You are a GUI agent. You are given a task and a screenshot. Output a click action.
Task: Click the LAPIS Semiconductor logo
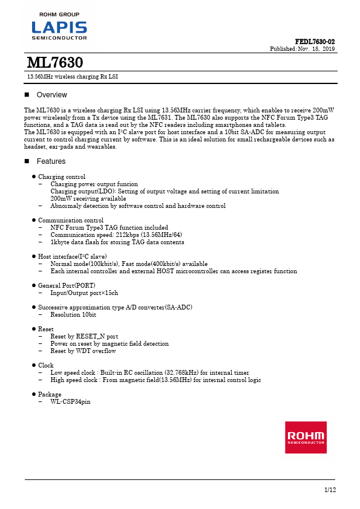59,28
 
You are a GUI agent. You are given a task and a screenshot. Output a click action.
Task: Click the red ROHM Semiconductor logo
306,437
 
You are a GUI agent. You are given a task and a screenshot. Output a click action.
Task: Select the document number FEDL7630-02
315,41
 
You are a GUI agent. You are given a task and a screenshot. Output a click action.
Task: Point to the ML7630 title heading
55,63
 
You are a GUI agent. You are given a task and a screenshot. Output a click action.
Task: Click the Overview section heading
52,95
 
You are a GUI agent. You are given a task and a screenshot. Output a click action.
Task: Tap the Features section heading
51,161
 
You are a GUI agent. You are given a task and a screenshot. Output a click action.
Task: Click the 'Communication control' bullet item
70,220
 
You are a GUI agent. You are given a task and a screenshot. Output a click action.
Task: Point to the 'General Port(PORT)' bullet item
67,285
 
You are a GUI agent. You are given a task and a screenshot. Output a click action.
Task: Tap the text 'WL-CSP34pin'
70,401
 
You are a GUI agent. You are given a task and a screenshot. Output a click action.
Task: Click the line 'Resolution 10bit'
73,314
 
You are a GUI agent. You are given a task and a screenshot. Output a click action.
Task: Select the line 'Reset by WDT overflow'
83,351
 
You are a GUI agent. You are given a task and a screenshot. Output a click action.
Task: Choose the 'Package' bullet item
50,394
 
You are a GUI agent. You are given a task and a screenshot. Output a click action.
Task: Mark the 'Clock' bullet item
46,365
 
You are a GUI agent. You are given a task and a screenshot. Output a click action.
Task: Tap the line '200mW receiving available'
88,198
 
